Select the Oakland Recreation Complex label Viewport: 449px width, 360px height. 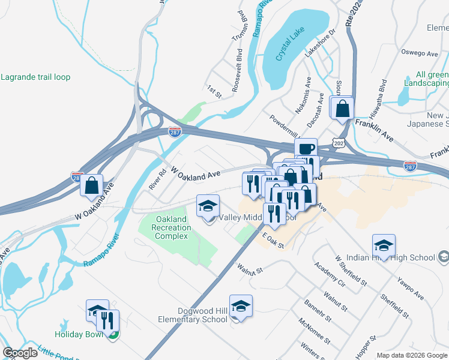(x=173, y=227)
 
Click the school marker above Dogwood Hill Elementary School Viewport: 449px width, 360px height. (x=241, y=306)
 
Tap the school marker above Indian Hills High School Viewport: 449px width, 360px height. (x=384, y=245)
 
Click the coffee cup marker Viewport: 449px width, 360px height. (x=306, y=148)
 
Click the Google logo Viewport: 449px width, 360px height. (x=20, y=353)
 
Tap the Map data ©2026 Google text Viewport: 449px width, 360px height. (x=411, y=355)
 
